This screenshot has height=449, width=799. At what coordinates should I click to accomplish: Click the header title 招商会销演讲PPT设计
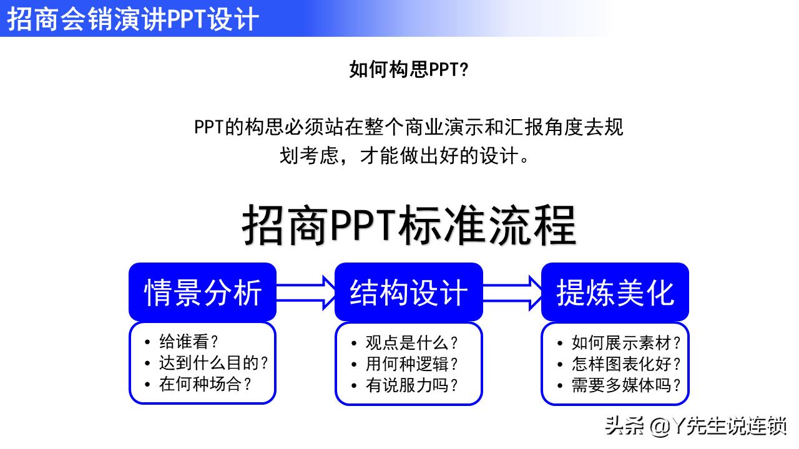pyautogui.click(x=132, y=19)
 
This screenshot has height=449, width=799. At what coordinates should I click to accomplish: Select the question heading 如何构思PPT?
pyautogui.click(x=408, y=70)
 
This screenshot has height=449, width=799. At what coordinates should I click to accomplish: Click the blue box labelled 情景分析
pyautogui.click(x=202, y=292)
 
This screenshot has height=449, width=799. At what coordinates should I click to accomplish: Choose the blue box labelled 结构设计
pyautogui.click(x=408, y=292)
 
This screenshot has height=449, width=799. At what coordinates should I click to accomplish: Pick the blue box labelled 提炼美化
pyautogui.click(x=615, y=292)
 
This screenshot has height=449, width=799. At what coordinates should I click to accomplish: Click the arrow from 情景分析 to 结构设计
pyautogui.click(x=306, y=292)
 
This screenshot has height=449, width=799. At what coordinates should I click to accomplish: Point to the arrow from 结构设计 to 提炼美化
pyautogui.click(x=512, y=292)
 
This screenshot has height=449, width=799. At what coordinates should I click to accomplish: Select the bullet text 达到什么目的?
pyautogui.click(x=213, y=363)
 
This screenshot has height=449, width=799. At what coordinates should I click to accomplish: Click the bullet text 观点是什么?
pyautogui.click(x=411, y=342)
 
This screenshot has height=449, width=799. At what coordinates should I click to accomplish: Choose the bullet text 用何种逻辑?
pyautogui.click(x=411, y=364)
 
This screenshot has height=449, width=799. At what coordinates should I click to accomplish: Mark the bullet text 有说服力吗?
pyautogui.click(x=411, y=385)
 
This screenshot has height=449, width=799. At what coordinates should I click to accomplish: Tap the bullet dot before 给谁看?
pyautogui.click(x=147, y=342)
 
